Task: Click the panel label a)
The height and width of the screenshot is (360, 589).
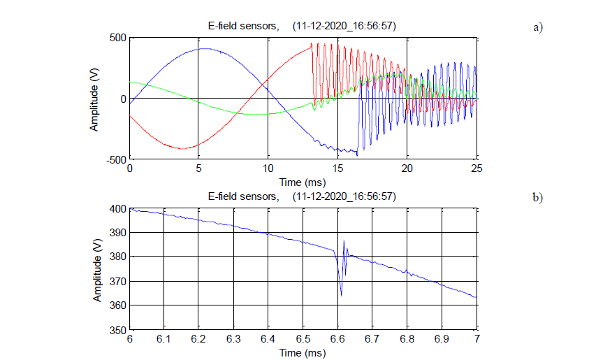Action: coord(537,28)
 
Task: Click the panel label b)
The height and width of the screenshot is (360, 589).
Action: coord(537,198)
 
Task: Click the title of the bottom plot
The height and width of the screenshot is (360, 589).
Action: coord(303,196)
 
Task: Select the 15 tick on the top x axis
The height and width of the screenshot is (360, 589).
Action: coord(337,169)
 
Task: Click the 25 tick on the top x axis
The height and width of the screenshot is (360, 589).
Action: coord(477,169)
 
